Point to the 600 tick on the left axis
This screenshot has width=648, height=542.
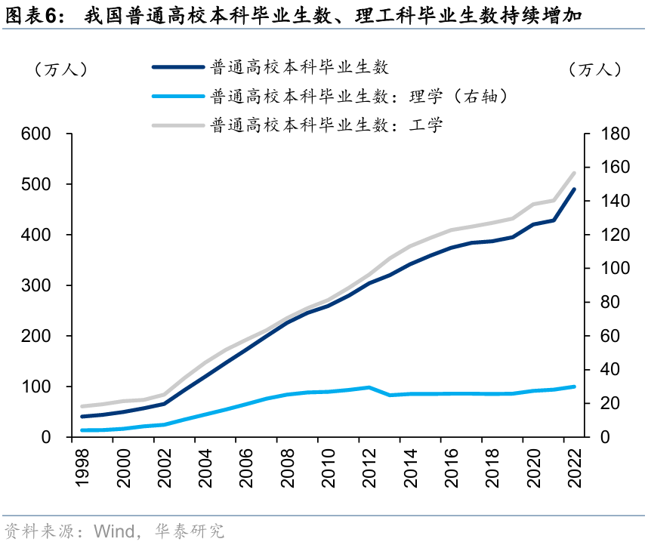click(36, 134)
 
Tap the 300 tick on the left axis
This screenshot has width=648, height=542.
click(36, 285)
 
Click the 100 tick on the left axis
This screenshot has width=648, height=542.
click(36, 386)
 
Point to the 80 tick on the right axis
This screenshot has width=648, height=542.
click(600, 303)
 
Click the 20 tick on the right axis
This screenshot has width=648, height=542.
click(600, 404)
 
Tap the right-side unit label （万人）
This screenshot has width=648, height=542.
click(595, 69)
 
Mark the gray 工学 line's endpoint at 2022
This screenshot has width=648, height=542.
click(574, 173)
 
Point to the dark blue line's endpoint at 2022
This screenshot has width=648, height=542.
click(574, 189)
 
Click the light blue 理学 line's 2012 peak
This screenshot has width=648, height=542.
click(368, 387)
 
